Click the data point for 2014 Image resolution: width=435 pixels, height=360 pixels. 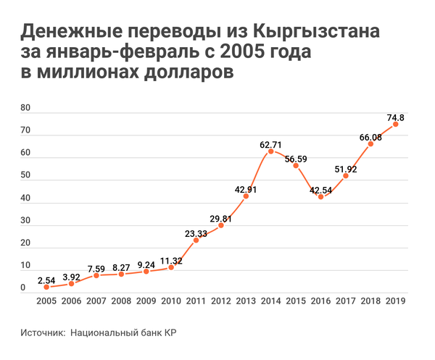click(271, 151)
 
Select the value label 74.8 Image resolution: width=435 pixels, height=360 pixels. click(395, 117)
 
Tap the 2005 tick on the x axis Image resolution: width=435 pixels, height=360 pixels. click(46, 301)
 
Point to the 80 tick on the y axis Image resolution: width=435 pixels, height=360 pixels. click(25, 109)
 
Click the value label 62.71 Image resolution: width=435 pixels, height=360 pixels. click(271, 144)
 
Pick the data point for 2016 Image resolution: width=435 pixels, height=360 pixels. click(320, 196)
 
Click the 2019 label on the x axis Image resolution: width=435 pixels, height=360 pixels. click(395, 301)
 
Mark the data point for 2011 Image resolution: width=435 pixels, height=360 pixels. click(196, 240)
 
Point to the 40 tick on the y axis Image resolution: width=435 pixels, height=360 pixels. click(25, 198)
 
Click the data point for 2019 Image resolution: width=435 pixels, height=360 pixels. click(395, 124)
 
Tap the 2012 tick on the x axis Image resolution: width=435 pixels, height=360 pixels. click(220, 301)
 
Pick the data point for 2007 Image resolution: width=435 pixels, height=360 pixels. click(96, 275)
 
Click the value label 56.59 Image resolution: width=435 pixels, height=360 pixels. click(296, 159)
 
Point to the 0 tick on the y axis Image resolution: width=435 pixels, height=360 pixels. click(23, 288)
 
